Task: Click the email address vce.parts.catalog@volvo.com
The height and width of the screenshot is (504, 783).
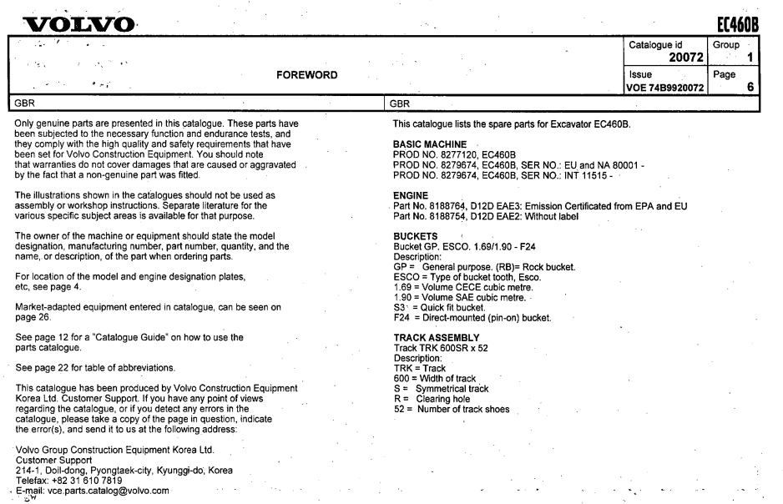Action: (x=98, y=491)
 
